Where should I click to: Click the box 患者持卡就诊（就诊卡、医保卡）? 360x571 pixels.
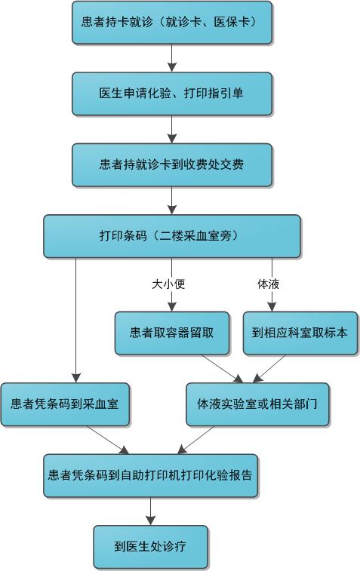[x=172, y=23]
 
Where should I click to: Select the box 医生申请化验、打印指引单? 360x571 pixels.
[x=172, y=94]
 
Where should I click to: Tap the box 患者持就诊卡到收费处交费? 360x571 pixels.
[x=172, y=164]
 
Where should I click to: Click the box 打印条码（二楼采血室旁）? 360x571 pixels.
[x=172, y=236]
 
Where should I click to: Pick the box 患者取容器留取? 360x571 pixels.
[x=172, y=333]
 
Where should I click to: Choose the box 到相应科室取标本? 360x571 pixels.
[x=300, y=333]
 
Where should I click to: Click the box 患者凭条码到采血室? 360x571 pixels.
[x=65, y=404]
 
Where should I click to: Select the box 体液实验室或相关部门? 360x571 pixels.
[x=257, y=404]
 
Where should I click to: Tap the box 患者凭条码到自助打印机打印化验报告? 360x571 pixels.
[x=150, y=475]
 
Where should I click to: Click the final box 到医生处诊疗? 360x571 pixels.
[x=150, y=547]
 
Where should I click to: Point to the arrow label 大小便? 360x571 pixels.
[x=168, y=284]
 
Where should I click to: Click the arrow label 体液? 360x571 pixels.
[x=268, y=284]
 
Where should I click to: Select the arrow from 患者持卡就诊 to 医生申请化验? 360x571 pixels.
[x=172, y=58]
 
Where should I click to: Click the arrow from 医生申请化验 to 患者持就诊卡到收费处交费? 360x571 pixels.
[x=172, y=129]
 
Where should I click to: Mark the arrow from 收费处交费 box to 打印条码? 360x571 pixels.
[x=172, y=201]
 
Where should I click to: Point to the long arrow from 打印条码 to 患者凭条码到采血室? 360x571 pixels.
[x=75, y=320]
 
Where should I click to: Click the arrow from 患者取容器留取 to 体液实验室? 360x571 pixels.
[x=223, y=369]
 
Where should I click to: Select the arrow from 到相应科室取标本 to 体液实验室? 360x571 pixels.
[x=269, y=369]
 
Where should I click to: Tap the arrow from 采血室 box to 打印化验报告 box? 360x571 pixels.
[x=108, y=440]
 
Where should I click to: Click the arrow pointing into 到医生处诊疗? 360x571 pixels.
[x=150, y=511]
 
